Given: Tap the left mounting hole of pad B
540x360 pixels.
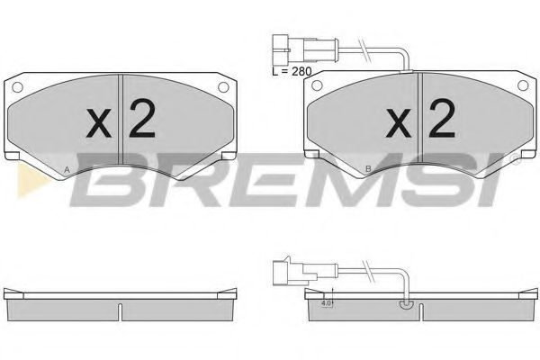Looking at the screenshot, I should (x=318, y=87).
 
